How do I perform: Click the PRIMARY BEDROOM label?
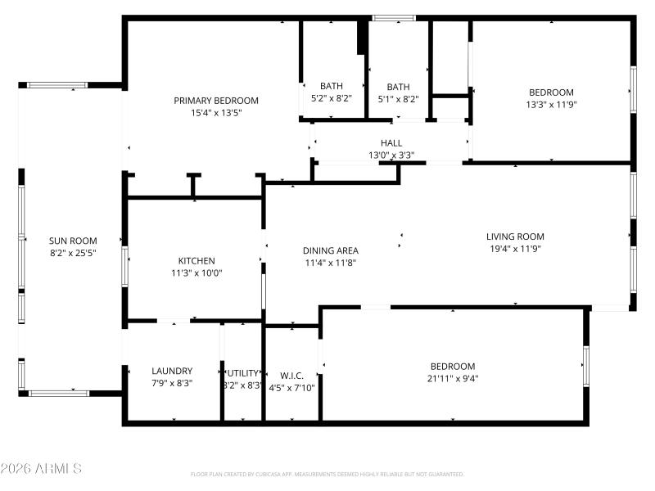[215, 101]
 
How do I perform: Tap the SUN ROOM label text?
[73, 241]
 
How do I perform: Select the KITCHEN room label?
[196, 261]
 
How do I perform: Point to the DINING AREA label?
[331, 251]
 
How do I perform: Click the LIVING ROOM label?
[515, 236]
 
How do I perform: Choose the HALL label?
[391, 143]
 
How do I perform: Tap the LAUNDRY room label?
[172, 371]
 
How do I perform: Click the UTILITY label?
[243, 372]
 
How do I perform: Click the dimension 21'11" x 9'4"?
[453, 378]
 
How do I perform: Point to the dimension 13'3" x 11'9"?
[551, 105]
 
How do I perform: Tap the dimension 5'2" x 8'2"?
[332, 98]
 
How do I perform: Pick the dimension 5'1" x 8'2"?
[398, 99]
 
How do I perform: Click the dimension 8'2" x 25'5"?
[73, 253]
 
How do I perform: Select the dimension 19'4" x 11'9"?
[515, 249]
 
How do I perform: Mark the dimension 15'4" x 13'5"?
[215, 113]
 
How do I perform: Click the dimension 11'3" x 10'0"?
[196, 273]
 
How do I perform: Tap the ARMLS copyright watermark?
[41, 469]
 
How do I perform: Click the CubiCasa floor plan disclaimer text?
[327, 474]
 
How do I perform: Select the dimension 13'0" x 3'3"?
[391, 155]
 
